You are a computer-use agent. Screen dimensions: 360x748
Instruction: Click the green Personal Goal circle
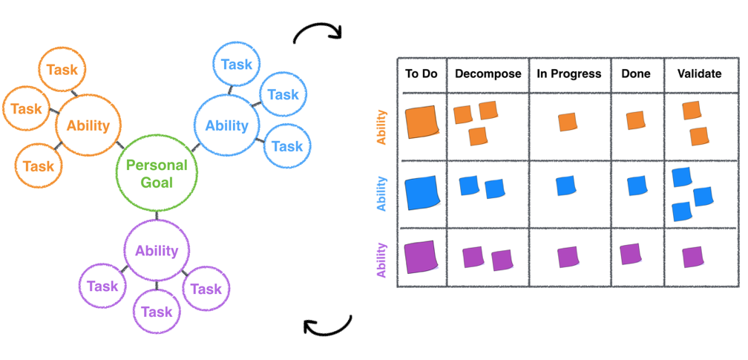tap(157, 173)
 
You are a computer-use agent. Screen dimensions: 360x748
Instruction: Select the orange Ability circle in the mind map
tap(88, 126)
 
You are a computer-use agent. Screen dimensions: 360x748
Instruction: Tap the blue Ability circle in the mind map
tap(226, 125)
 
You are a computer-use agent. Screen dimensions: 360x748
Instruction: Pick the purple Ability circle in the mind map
tap(157, 251)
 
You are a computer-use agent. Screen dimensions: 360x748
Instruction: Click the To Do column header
tap(421, 74)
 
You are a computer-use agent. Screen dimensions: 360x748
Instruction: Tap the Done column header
tap(636, 74)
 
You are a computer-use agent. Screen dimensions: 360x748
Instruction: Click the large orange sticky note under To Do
tap(421, 122)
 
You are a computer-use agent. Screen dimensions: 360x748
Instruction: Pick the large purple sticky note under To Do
tap(421, 258)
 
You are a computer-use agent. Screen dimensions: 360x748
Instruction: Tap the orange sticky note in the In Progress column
tap(568, 122)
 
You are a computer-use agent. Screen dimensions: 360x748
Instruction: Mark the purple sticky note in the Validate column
tap(693, 257)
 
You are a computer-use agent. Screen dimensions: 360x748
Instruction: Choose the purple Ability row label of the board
tap(382, 259)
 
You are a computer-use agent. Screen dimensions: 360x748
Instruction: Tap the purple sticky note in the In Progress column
tap(568, 257)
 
